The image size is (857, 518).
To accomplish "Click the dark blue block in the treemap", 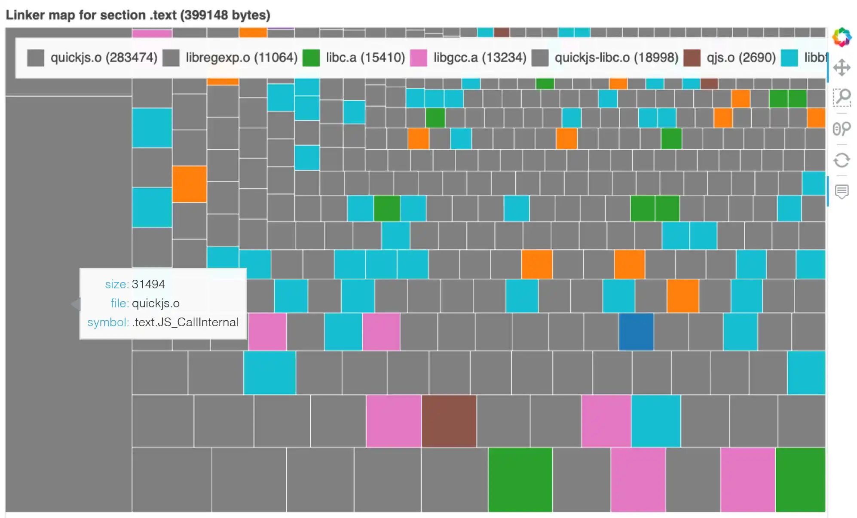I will [x=636, y=331].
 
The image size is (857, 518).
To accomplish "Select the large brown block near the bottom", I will [x=449, y=421].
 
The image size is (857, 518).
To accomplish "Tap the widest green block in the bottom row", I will [x=520, y=479].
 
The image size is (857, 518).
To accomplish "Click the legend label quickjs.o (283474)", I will [x=104, y=58].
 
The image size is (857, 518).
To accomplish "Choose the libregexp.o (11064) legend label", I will [x=242, y=58].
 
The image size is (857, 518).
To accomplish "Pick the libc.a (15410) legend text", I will [x=365, y=58].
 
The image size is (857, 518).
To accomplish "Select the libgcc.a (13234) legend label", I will [x=480, y=58].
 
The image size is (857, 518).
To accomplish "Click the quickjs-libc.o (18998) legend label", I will [x=616, y=58].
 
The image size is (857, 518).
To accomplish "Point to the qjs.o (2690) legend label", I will [x=741, y=58].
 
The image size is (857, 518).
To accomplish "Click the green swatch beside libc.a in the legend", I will [x=311, y=58].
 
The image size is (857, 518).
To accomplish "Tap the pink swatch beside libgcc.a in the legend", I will [x=419, y=58].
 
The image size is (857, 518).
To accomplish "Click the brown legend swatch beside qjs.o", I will [x=692, y=58].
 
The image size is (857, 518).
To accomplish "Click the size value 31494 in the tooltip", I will [x=148, y=284].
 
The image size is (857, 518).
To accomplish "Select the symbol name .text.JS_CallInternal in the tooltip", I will [x=185, y=322].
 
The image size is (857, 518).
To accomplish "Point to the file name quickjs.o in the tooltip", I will [x=156, y=303].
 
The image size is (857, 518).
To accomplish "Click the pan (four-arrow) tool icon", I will [x=842, y=67].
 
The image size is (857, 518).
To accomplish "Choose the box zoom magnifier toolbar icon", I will [x=842, y=98].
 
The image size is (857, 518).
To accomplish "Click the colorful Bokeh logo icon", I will [x=842, y=37].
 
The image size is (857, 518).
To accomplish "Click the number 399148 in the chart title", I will [x=204, y=15].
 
